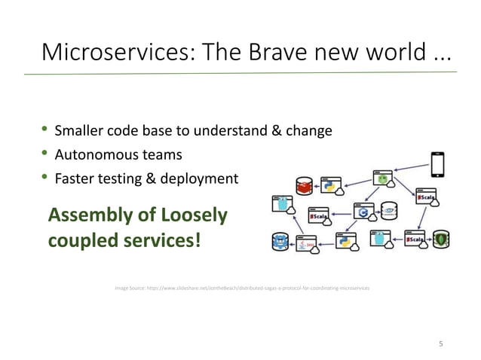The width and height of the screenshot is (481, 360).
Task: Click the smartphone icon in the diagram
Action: pos(437,163)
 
